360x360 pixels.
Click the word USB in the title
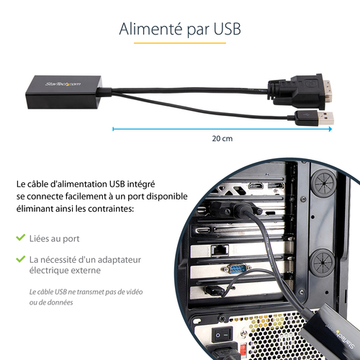pos(227,29)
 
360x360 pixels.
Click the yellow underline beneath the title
pos(180,43)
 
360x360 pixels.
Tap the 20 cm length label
pos(222,138)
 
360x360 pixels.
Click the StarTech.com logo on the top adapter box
pos(63,84)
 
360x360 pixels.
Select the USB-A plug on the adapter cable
pos(314,118)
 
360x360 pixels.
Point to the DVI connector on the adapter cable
pos(300,92)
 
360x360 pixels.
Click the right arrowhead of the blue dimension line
pos(330,129)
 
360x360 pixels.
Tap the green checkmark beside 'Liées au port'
pos(21,238)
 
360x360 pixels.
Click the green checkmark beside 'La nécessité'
pos(21,259)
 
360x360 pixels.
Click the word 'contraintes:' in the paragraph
pos(111,209)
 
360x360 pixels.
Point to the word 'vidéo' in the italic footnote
pos(135,292)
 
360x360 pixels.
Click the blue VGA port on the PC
pos(237,269)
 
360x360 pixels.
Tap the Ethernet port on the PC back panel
pos(220,251)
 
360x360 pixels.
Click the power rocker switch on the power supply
pos(222,335)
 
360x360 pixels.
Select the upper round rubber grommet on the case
pos(323,183)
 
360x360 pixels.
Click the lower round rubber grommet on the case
pos(322,262)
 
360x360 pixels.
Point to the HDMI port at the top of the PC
pos(256,186)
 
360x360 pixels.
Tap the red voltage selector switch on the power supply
pos(243,348)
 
